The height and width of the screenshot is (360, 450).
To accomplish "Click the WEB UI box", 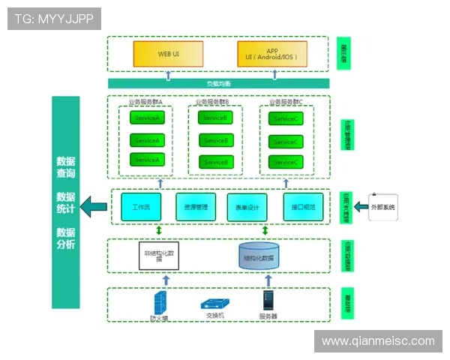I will coord(168,54).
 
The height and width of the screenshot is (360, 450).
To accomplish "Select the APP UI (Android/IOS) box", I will coord(271,54).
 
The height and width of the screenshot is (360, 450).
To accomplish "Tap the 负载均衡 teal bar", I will coord(219,83).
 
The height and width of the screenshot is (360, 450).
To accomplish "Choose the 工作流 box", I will coord(141,207).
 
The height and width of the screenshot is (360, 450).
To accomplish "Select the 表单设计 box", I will coord(247,207).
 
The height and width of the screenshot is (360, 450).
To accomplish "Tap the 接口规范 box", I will coord(302,207).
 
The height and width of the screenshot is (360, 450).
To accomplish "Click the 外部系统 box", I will coord(382,206).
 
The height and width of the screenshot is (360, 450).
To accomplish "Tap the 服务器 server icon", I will coord(268,301).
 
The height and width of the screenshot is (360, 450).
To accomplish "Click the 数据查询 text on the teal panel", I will coord(65,167).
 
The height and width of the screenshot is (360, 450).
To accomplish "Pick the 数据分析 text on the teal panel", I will coord(65,238).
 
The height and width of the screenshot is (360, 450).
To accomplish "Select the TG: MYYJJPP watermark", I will coord(54,19).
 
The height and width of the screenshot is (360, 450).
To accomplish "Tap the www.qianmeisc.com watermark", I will coord(378,341).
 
